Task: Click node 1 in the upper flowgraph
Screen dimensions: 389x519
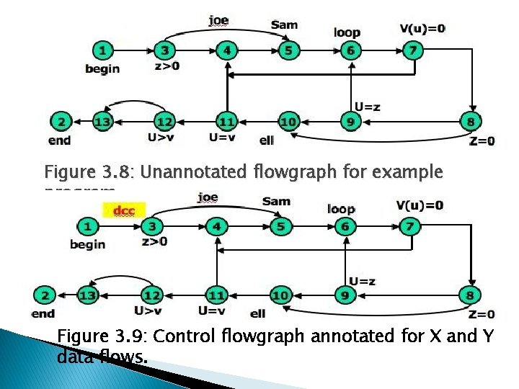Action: pos(105,50)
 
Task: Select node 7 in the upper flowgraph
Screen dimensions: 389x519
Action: pos(412,50)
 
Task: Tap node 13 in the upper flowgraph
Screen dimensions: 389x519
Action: pos(102,122)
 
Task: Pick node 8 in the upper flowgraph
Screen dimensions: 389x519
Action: pos(470,122)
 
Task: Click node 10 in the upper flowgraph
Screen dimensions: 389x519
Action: pos(288,122)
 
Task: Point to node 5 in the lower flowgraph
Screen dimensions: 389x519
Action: pos(280,226)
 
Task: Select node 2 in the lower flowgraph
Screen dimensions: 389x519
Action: pos(44,295)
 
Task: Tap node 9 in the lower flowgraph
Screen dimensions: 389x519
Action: pos(345,295)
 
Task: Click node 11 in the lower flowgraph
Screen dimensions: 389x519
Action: pos(216,295)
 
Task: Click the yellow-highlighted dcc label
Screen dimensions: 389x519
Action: pos(124,211)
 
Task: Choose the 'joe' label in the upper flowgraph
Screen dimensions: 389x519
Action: pos(218,20)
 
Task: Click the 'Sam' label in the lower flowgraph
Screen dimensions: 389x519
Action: pos(276,201)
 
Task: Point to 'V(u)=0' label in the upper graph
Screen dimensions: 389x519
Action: pos(422,28)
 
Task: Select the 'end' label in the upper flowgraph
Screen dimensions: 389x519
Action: pos(59,140)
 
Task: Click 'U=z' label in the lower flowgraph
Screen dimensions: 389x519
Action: pos(362,281)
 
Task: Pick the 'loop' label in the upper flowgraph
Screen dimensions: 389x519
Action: pos(347,32)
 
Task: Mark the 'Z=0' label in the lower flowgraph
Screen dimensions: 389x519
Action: pos(482,314)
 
